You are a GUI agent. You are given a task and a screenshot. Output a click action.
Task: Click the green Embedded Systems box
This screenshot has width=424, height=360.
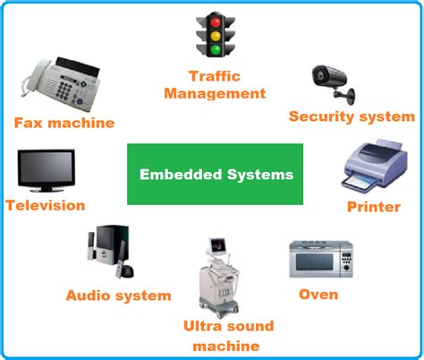tap(216, 174)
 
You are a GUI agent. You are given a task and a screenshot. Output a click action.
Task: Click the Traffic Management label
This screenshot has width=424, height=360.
tap(227, 84)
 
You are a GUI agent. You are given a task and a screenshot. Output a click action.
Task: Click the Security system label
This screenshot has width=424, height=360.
tap(352, 116)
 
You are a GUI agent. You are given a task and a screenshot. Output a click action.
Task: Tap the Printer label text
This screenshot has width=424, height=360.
tap(373, 208)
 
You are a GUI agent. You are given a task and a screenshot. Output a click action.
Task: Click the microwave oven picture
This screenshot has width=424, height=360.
tap(318, 259)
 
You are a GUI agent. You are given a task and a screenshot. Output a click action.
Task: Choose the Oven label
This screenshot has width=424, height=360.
tap(317, 293)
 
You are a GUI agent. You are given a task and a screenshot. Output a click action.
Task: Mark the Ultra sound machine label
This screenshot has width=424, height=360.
tap(227, 336)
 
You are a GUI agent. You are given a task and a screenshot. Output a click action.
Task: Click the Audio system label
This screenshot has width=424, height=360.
tap(118, 295)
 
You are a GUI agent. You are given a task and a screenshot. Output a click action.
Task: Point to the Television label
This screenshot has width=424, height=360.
tap(45, 205)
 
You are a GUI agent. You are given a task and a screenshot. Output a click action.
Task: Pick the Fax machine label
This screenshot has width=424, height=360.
tap(64, 123)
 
